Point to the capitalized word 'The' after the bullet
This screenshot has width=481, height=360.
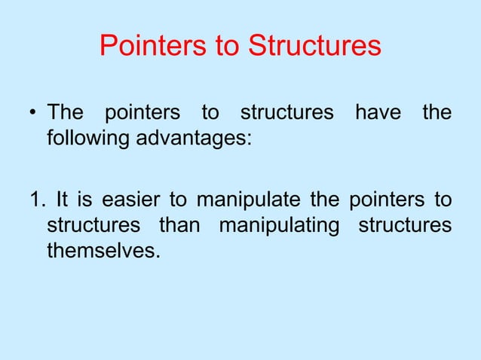pos(65,114)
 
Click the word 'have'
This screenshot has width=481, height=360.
pos(377,114)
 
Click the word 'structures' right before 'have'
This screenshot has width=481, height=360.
pos(286,114)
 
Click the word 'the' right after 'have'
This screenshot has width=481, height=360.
pos(437,114)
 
